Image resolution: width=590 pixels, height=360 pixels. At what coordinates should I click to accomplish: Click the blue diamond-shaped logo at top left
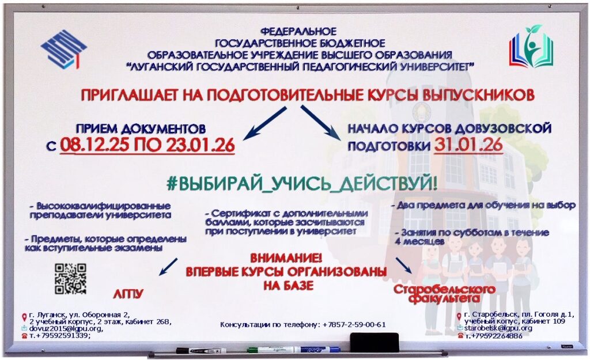click(63, 50)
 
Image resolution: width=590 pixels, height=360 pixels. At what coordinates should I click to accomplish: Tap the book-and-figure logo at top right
click(531, 46)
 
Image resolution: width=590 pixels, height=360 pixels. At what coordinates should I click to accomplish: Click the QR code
click(70, 279)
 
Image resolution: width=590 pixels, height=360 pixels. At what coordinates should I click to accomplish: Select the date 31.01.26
click(468, 145)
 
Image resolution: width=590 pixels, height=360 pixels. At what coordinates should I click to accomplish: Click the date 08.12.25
click(94, 145)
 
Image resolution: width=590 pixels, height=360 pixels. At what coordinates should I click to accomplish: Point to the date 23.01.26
click(201, 145)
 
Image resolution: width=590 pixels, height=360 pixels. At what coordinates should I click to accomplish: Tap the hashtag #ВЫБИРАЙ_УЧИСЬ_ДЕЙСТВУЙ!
click(302, 183)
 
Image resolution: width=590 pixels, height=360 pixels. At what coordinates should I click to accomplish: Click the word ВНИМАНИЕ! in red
click(286, 258)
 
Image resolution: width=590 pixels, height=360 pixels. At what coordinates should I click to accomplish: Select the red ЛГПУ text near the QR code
click(128, 293)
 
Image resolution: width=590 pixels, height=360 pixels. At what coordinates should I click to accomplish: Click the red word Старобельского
click(444, 289)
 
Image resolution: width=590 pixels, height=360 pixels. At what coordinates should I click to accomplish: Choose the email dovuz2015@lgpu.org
click(66, 328)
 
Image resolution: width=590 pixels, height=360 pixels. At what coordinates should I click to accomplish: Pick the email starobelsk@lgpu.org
click(498, 328)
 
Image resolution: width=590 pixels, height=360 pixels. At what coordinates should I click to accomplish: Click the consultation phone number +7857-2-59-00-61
click(354, 325)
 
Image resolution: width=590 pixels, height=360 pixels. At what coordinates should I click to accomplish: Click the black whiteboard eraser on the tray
click(374, 342)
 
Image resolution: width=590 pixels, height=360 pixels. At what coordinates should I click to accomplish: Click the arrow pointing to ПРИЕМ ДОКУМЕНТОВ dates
click(265, 123)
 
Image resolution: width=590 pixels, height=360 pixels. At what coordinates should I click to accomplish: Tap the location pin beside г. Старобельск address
click(459, 317)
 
